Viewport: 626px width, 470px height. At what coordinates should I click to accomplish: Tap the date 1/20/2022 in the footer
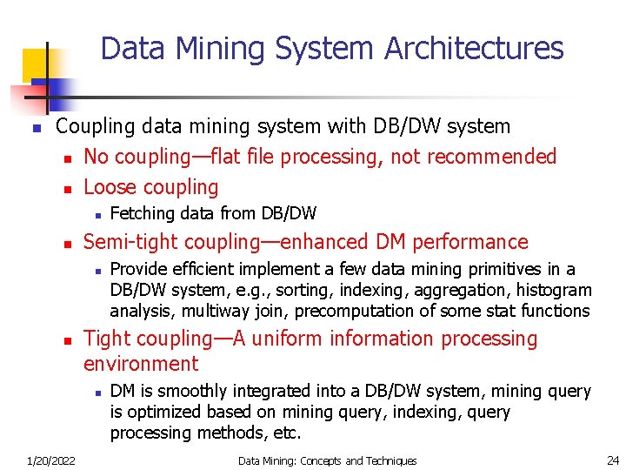[50, 460]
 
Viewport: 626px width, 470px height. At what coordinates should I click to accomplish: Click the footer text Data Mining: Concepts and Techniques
[327, 460]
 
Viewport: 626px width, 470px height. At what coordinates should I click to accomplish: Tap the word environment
[141, 364]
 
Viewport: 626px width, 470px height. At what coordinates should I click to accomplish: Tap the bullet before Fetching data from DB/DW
[99, 214]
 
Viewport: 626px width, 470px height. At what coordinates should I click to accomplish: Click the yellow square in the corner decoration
[37, 63]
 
